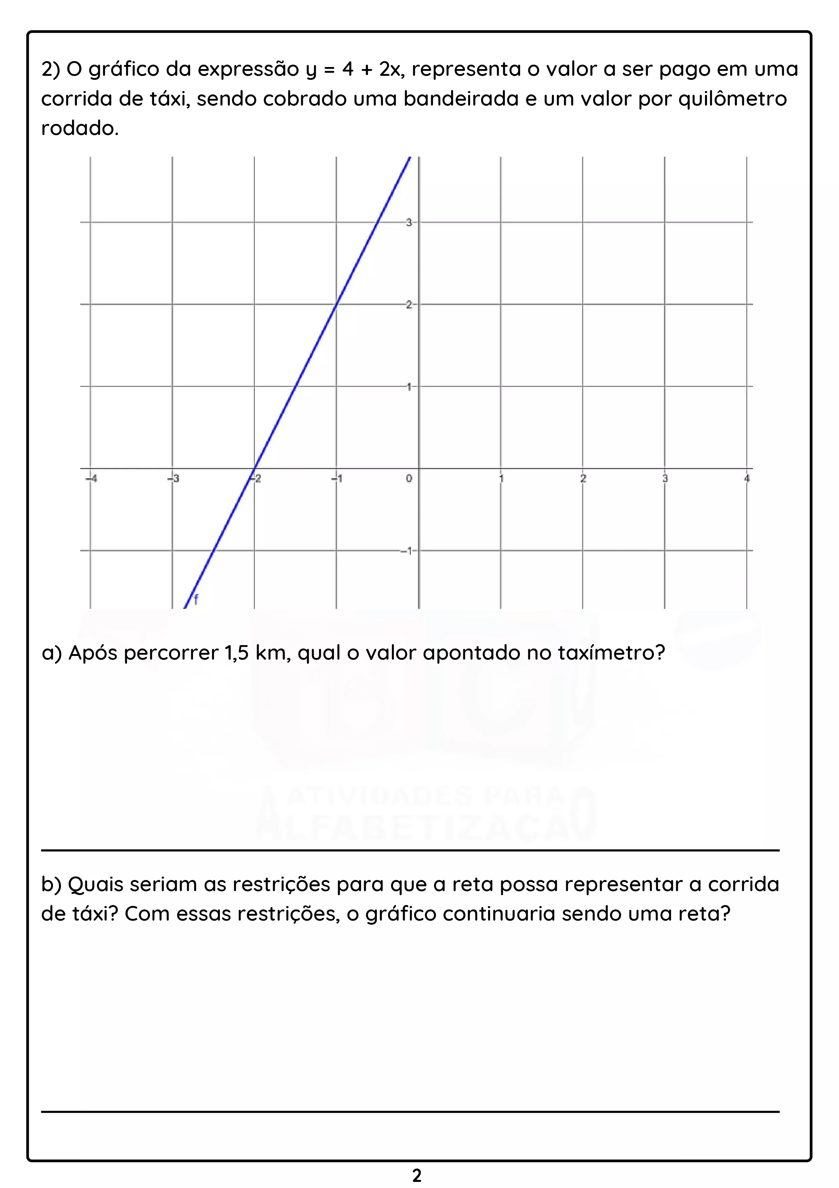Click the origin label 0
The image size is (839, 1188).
[x=409, y=479]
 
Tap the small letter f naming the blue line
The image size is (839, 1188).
[x=196, y=600]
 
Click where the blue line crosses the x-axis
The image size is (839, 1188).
[x=254, y=469]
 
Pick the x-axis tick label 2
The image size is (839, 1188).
[x=583, y=479]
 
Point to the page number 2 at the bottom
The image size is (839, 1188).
[x=417, y=1175]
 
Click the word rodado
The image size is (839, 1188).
[x=80, y=128]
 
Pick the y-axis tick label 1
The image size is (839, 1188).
[x=409, y=387]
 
